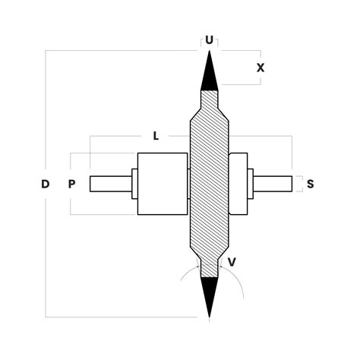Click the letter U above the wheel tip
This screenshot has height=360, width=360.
tap(209, 39)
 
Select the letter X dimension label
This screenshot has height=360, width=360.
tap(261, 68)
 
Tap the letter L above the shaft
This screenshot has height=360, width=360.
tap(155, 136)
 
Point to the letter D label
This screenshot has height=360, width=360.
tap(46, 184)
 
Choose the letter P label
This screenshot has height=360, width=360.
tap(71, 184)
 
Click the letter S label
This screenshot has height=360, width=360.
tap(311, 184)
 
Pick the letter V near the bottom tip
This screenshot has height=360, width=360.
tap(232, 261)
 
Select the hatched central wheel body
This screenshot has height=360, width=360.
tap(209, 182)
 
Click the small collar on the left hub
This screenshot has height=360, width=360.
tap(134, 184)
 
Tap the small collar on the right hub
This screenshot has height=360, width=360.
tap(251, 184)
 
